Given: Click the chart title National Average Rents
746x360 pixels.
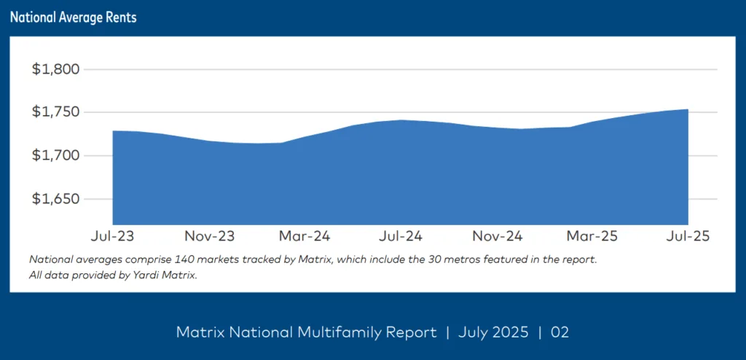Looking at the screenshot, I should pos(74,17).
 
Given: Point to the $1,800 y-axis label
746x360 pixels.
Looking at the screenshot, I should pos(55,70).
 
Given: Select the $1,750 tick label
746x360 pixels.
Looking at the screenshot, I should pos(55,112).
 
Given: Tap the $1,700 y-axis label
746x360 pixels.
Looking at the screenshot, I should pos(55,155).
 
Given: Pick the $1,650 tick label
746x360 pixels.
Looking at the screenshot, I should pos(55,198).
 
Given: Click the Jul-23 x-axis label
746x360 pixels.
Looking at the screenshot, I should pos(112,237).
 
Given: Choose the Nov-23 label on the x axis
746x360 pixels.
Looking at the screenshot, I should pos(208,237).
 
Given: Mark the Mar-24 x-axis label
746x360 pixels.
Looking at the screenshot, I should pos(305,237).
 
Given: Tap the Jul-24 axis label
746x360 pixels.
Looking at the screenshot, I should pos(401,237).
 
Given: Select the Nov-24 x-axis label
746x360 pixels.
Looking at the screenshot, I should pos(497,237).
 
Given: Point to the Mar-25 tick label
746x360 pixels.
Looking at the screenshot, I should pos(593,237).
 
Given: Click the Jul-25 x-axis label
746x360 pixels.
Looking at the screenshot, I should pos(688,237).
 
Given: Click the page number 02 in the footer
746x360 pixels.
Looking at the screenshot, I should pos(559,333).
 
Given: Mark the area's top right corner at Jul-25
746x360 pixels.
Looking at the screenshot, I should pos(688,110).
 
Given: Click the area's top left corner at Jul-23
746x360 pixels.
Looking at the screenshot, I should pos(114,131).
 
